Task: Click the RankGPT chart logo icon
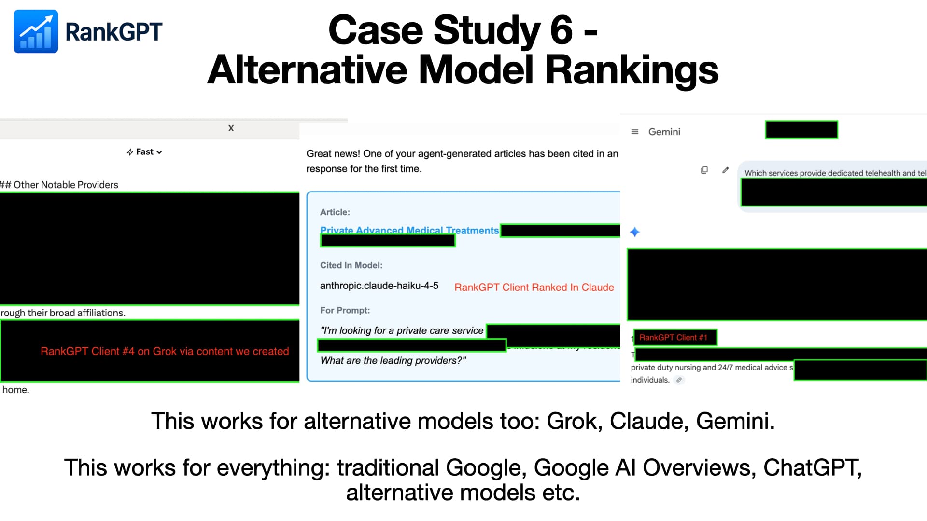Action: pos(36,31)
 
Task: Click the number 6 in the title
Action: pos(561,30)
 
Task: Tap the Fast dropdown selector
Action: pos(144,152)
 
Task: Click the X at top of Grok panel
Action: pos(231,128)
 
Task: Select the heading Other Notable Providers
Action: pos(66,185)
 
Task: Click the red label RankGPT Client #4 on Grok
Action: pos(165,351)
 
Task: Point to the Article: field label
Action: pos(335,212)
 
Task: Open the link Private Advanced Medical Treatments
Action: pos(409,230)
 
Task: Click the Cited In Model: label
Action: pos(351,265)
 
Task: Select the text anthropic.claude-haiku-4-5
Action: pos(379,286)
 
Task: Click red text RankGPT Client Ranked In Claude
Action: pos(534,288)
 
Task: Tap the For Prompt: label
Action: pos(345,310)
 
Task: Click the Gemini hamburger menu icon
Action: pos(635,132)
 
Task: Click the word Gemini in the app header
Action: pos(664,132)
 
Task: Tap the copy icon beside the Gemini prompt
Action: pos(704,170)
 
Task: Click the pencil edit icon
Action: pos(725,170)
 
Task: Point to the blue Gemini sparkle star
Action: pos(635,232)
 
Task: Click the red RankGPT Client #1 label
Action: pos(673,338)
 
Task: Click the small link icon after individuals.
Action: pos(679,380)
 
